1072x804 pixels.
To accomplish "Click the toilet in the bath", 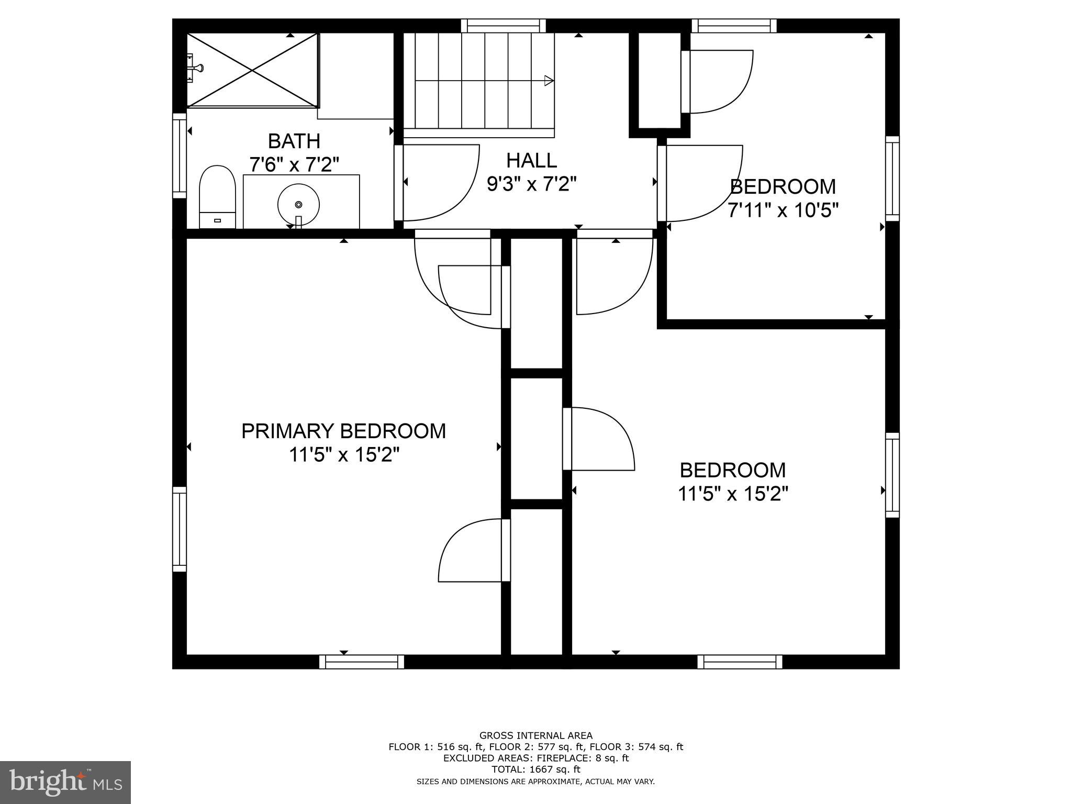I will pos(217,196).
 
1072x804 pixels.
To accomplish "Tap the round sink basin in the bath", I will pos(298,204).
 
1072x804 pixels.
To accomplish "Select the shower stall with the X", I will pos(253,70).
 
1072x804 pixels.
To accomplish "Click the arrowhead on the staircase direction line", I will pos(549,81).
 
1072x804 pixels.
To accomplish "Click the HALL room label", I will pos(531,160).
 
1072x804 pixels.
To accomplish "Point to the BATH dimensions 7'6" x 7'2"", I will pos(294,165).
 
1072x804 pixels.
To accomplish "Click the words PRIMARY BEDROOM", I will pos(343,431).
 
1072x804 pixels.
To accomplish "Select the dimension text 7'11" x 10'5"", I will pos(783,210).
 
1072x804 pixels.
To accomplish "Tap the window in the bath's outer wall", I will pos(180,155).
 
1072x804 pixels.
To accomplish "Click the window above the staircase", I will pos(503,26).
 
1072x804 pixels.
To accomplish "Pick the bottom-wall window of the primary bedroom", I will pos(362,662).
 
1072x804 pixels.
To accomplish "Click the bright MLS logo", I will pos(65,783).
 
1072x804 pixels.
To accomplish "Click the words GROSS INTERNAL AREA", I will pos(535,736).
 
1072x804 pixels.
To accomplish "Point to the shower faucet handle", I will pos(197,68).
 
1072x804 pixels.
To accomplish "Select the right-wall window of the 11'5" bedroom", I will pos(892,475).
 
